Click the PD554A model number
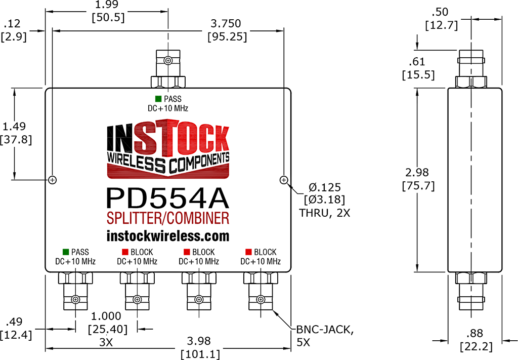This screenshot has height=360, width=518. [168, 197]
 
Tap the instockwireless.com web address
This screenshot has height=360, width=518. [168, 236]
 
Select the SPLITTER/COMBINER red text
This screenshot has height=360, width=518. [168, 218]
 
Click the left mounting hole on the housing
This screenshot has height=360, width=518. [53, 180]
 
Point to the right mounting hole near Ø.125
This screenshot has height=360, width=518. [284, 180]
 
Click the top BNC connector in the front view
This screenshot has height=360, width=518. [168, 68]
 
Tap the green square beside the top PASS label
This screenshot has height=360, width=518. [158, 99]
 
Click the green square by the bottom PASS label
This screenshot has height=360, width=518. [65, 252]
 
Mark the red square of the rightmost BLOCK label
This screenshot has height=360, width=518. [248, 252]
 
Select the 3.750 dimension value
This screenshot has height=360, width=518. [225, 24]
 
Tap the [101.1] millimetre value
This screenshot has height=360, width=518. [201, 354]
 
